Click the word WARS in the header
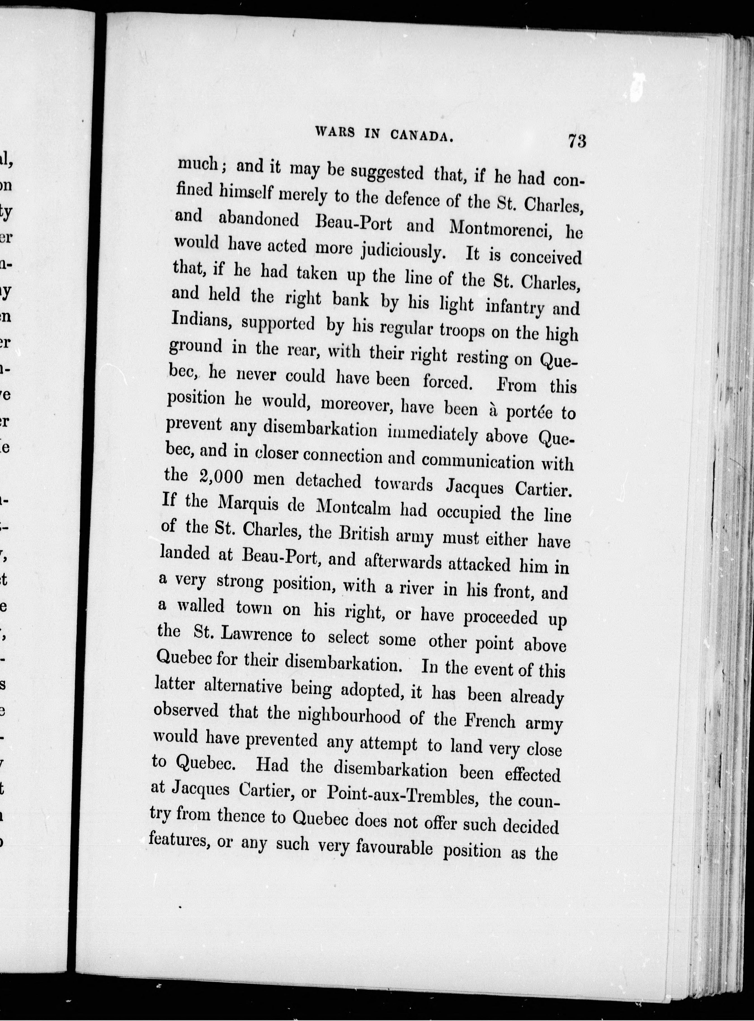335,132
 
